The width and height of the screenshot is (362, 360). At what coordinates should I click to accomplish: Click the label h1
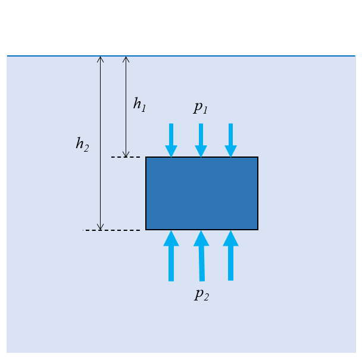click(139, 105)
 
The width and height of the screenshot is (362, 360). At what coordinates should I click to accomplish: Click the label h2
click(82, 144)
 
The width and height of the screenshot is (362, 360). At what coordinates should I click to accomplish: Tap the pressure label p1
click(201, 108)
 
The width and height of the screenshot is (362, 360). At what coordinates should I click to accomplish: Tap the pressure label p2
click(201, 294)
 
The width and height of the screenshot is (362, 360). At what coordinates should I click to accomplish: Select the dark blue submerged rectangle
click(202, 193)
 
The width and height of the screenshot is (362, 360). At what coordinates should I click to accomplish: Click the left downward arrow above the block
click(171, 140)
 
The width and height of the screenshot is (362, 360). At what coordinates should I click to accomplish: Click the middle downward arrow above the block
click(201, 140)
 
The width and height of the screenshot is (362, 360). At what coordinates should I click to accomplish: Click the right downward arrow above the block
click(230, 140)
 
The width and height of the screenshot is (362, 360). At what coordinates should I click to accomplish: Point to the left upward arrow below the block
click(171, 256)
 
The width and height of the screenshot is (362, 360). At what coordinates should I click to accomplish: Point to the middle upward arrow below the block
click(201, 256)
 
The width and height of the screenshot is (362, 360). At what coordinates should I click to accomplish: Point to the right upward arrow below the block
click(230, 256)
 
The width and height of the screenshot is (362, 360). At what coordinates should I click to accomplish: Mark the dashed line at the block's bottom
click(113, 230)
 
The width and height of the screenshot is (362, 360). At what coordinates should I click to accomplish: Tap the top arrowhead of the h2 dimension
click(101, 59)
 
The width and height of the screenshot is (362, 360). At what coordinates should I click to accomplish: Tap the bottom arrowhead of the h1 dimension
click(126, 155)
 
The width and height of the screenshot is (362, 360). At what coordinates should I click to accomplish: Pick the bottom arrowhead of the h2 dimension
click(101, 227)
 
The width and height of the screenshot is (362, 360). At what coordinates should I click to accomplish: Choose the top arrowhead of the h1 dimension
click(126, 59)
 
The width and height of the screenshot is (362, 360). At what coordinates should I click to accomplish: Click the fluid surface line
click(238, 56)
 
